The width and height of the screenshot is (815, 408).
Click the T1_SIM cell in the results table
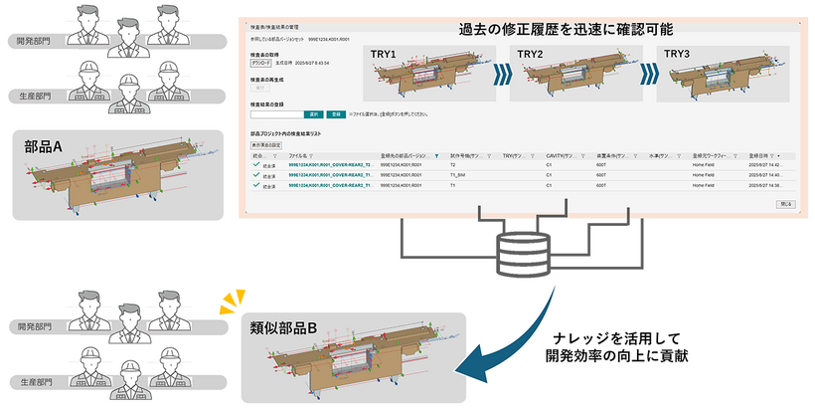460,175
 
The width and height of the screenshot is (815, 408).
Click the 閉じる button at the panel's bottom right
784,203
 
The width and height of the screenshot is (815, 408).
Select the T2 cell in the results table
453,165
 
